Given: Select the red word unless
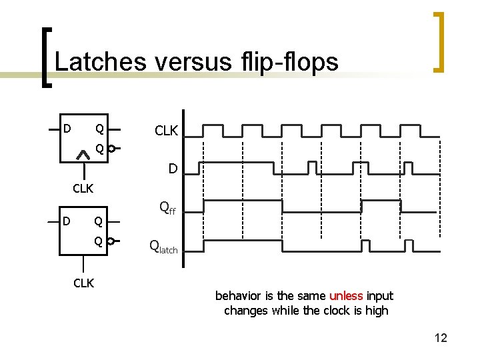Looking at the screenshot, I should tap(346, 295).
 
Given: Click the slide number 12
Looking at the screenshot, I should tap(441, 338).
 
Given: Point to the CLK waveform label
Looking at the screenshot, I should tap(166, 131).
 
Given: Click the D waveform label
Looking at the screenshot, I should tap(173, 169).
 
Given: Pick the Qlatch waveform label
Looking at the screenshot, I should tap(163, 248).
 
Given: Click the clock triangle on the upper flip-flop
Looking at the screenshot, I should tap(83, 155).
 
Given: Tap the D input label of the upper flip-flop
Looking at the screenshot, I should tap(67, 127).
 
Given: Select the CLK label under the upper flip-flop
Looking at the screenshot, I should tap(83, 189).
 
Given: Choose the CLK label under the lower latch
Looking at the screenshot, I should tap(83, 283).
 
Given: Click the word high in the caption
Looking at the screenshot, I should tap(377, 311).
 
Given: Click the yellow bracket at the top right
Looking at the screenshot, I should tap(439, 41).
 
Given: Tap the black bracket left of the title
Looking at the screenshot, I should tap(44, 57).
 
